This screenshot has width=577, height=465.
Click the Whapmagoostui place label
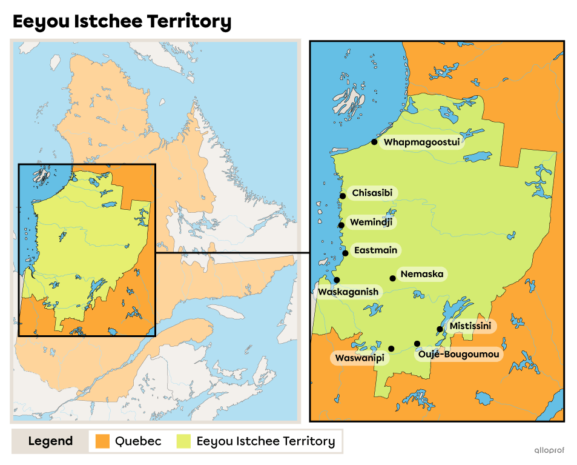422,142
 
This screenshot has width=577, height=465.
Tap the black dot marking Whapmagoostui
374,142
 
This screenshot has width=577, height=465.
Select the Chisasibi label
372,193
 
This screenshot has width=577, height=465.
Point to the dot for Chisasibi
343,196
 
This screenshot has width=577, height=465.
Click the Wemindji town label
371,222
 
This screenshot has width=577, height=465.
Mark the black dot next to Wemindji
341,225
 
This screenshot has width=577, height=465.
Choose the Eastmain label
377,250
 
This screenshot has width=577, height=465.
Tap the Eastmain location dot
345,253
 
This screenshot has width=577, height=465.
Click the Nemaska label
421,274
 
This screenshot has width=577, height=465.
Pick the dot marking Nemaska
393,278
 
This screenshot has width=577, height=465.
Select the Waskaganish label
348,292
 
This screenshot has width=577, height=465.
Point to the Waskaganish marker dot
337,279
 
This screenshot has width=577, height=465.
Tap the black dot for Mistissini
440,329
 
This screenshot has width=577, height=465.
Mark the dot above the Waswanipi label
391,349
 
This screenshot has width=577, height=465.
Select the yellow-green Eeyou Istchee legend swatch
183,441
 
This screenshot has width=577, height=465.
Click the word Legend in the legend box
50,441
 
